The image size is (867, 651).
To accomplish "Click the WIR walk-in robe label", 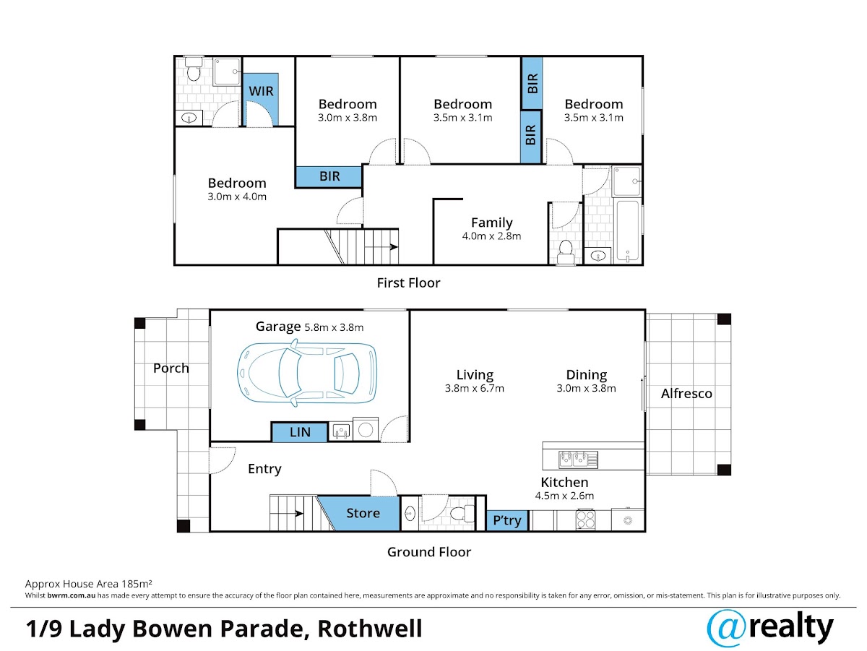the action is click(x=261, y=91).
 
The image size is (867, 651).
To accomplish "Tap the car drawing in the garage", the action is click(x=307, y=374).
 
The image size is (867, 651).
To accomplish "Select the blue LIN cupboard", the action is click(x=299, y=432).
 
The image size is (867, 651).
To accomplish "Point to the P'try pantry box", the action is click(x=506, y=521).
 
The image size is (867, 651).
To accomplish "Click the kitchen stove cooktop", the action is click(x=585, y=519).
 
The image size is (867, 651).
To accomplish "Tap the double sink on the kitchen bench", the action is click(x=578, y=460).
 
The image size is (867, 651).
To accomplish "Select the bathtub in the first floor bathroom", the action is click(x=627, y=230).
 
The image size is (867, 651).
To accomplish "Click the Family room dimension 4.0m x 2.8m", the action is click(x=491, y=236).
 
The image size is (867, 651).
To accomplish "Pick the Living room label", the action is click(x=475, y=374).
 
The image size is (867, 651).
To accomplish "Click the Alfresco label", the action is click(x=686, y=394).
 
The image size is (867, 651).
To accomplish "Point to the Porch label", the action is click(x=171, y=368).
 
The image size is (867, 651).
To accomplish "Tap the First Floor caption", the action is click(x=408, y=283).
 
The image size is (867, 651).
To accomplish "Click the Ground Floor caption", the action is click(x=429, y=552).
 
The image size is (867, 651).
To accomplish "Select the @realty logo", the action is click(x=770, y=629).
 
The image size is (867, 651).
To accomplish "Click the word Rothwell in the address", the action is click(x=370, y=629).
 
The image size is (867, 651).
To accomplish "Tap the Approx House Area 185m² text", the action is click(x=88, y=584).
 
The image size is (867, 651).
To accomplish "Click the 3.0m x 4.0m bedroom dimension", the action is click(x=237, y=197).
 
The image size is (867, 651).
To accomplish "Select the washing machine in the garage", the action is click(x=366, y=429).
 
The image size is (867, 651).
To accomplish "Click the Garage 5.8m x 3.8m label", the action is click(x=309, y=327).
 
